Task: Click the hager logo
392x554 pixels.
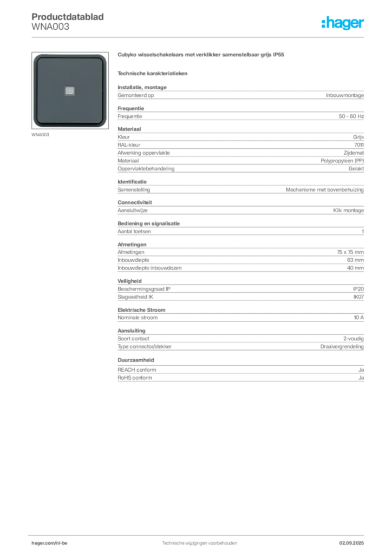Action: pos(343,23)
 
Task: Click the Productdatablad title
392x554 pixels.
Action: pos(68,17)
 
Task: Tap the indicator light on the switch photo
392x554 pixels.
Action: pos(70,91)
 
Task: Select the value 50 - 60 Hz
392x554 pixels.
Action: pos(351,116)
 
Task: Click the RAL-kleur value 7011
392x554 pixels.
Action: pos(359,145)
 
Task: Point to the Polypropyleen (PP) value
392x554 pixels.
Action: pos(342,161)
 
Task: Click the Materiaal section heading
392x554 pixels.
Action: pos(129,129)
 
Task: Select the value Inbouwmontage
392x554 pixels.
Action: pos(345,95)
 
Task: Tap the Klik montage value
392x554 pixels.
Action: pos(348,210)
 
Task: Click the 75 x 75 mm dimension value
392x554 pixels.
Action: pos(350,252)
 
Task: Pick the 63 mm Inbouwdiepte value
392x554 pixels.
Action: pos(355,260)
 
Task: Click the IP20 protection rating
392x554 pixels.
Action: pos(358,289)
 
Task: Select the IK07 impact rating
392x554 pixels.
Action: pos(358,297)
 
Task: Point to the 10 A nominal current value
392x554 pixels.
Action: pos(358,318)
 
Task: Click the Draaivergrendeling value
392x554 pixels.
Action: pos(342,347)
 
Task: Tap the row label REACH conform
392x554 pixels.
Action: pos(137,370)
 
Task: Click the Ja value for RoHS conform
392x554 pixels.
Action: pos(361,378)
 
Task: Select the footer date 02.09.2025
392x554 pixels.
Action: pos(351,543)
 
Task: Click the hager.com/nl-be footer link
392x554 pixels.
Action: pos(49,543)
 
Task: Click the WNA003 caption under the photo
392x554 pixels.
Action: pos(40,135)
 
